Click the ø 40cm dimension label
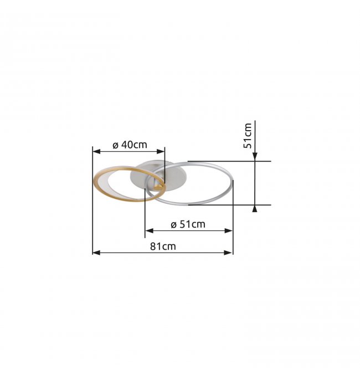(130, 145)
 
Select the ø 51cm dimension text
(188, 224)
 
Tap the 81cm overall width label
(163, 246)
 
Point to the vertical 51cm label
(248, 136)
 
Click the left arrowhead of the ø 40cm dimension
(96, 151)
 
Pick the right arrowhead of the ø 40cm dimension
(161, 151)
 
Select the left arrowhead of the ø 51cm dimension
(150, 231)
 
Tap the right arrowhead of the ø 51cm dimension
(229, 231)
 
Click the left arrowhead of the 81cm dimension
(96, 253)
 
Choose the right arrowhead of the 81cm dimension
(229, 253)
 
